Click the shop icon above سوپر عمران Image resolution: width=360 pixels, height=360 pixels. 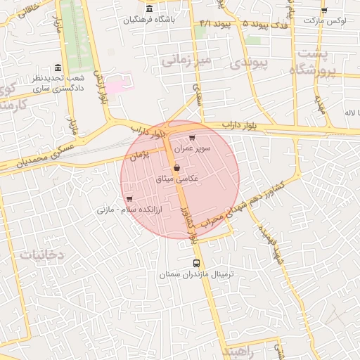(x=192, y=137)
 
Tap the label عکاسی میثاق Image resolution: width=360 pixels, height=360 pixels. (x=176, y=179)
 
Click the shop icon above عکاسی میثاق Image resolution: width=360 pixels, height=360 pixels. (x=176, y=168)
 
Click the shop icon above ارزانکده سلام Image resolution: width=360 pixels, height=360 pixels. (x=129, y=199)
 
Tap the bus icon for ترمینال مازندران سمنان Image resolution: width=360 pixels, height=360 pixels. (x=196, y=263)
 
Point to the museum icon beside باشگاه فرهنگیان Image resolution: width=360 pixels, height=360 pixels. (x=149, y=9)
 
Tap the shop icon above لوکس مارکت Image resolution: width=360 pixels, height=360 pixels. (x=324, y=10)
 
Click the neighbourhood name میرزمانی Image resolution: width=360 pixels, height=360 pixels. (x=186, y=61)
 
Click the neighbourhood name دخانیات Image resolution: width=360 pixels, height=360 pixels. (x=41, y=255)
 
